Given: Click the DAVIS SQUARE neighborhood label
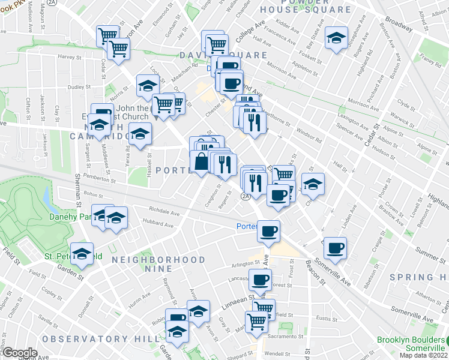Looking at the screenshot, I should point(222,55).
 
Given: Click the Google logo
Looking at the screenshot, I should point(19,353).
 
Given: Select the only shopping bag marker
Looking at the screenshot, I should point(200,161).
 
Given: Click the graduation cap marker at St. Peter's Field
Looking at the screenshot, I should point(82,254).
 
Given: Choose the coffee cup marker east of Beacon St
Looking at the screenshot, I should point(336,247).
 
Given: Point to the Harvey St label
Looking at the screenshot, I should point(70,57).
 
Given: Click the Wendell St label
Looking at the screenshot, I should point(277,353).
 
